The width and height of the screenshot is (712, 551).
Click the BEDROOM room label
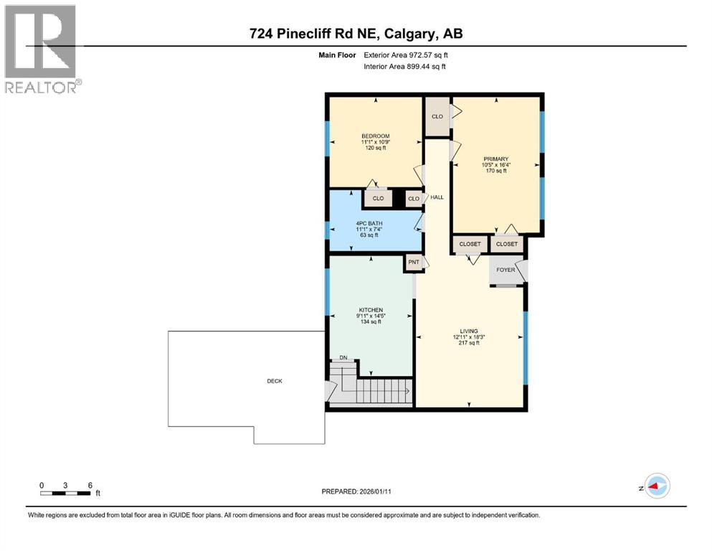(375, 136)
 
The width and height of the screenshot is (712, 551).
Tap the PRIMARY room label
(495, 159)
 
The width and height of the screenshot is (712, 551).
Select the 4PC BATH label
(370, 223)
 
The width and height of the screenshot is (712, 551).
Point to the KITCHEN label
(370, 309)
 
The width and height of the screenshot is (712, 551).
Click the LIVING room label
(469, 331)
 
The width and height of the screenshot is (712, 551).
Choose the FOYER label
(506, 270)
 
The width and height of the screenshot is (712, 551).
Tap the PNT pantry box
(414, 263)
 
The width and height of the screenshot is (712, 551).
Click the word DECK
(274, 381)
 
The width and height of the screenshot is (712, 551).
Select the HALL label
(437, 197)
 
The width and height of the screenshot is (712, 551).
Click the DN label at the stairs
(343, 359)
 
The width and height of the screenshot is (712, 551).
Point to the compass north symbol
(656, 486)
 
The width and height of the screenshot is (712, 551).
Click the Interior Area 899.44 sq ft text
(403, 67)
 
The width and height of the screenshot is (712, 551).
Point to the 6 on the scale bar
(90, 485)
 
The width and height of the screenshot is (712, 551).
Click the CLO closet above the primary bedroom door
(437, 116)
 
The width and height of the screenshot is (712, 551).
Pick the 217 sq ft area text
(469, 343)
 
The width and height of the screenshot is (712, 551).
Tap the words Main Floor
(337, 55)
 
